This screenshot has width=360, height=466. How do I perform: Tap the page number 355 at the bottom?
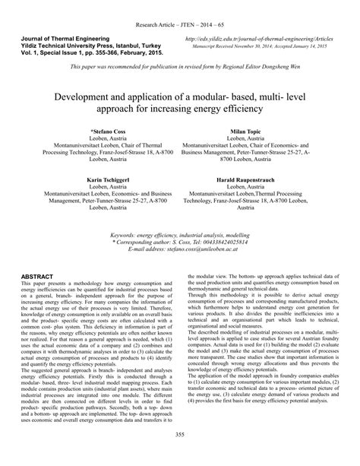tap(180, 455)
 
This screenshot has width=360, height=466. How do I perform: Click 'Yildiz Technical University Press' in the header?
tap(71, 45)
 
